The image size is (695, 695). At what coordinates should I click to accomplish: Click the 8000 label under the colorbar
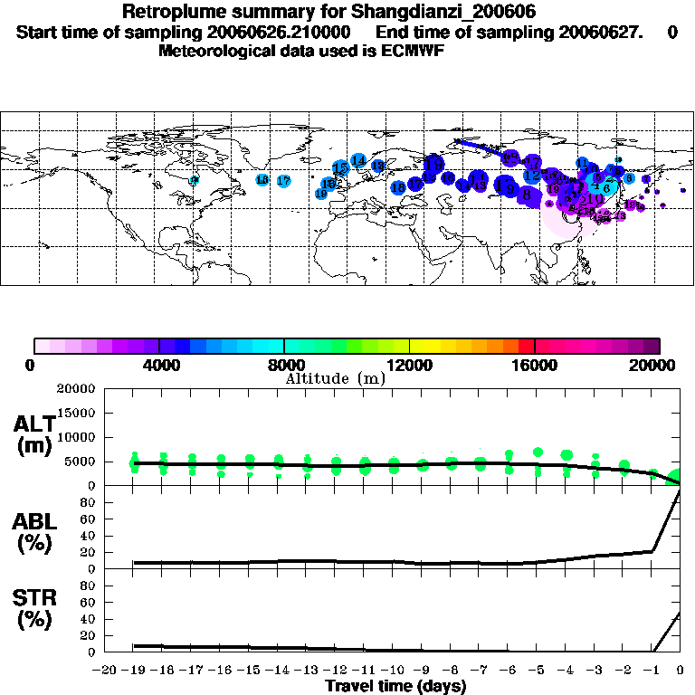click(x=284, y=366)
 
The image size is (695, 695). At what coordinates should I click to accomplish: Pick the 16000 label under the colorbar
click(x=534, y=366)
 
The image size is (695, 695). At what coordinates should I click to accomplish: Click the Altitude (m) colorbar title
click(x=335, y=379)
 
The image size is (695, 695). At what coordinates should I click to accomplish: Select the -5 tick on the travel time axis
click(x=538, y=671)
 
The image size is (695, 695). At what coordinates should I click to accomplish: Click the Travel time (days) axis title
click(x=395, y=687)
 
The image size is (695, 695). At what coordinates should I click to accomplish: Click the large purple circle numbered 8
click(x=526, y=193)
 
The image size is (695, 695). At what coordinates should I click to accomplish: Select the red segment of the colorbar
click(x=527, y=346)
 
